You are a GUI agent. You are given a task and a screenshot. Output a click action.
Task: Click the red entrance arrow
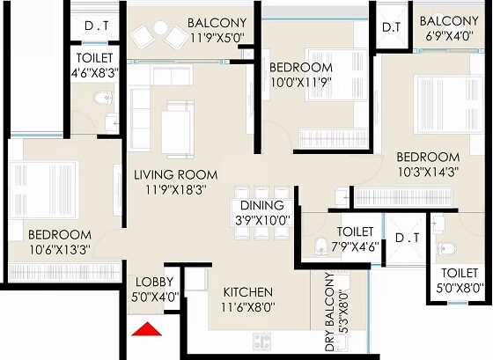point(148,330)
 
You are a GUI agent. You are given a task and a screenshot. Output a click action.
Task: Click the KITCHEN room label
point(247,292)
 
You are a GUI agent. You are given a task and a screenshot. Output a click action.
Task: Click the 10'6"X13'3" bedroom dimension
point(60,249)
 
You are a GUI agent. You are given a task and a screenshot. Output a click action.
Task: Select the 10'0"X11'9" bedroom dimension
point(301,82)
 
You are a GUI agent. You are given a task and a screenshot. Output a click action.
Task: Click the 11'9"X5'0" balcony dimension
point(217,37)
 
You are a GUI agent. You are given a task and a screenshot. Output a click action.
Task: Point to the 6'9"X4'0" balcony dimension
point(449,37)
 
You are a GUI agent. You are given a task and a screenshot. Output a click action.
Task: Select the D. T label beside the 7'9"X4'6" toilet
point(406,238)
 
